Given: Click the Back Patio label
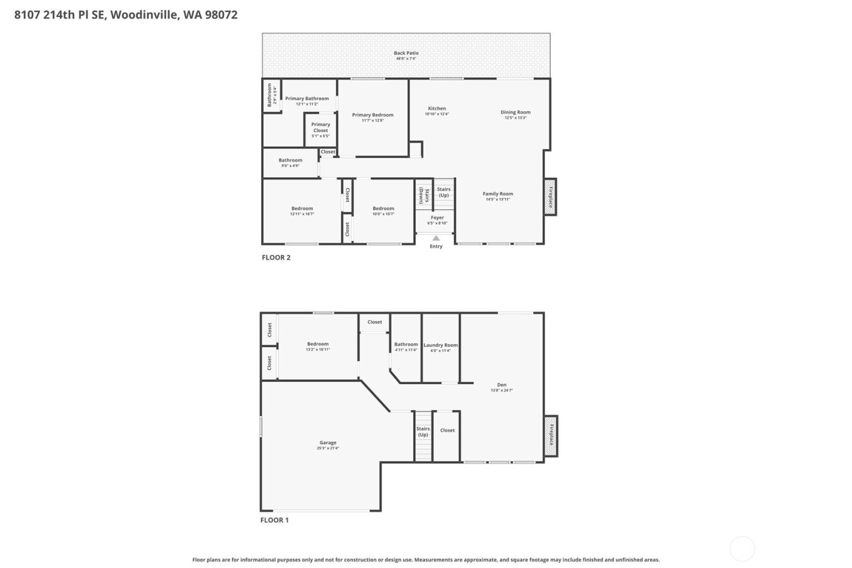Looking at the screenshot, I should click(406, 53).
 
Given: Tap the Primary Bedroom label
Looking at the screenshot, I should click(372, 115).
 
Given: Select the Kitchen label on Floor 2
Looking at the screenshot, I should click(436, 108).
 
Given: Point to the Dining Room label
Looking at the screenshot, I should click(515, 112).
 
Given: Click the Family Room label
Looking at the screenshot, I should click(498, 194).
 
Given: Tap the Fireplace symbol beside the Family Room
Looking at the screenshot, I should click(550, 197).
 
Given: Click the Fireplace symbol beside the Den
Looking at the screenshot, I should click(551, 436).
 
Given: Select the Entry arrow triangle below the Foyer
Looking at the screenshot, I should click(436, 238).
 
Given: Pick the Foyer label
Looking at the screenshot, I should click(437, 217).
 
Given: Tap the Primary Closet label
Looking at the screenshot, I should click(321, 127).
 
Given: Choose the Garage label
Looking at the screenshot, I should click(327, 443).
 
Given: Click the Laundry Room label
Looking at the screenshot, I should click(441, 345).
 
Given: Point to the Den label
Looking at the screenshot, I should click(501, 385).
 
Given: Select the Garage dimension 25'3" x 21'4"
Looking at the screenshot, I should click(327, 449).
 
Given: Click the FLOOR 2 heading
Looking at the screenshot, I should click(276, 258).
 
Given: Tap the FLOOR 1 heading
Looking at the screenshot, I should click(274, 520).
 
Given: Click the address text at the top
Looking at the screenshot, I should click(126, 15).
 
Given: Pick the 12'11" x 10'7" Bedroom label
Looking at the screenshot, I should click(302, 209).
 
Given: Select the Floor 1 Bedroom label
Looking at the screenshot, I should click(318, 344).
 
